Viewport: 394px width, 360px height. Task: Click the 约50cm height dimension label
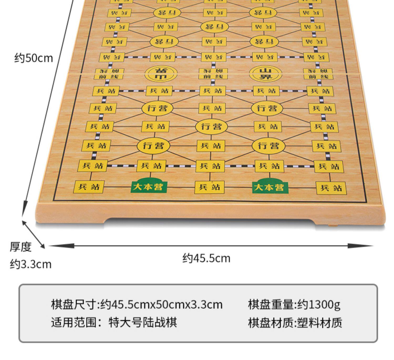pyautogui.click(x=34, y=58)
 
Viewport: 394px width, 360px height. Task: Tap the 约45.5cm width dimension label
pyautogui.click(x=206, y=258)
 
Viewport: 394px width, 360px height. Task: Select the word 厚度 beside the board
pyautogui.click(x=21, y=247)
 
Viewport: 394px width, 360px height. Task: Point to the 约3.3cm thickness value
pyautogui.click(x=31, y=264)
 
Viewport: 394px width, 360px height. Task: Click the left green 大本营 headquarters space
pyautogui.click(x=149, y=187)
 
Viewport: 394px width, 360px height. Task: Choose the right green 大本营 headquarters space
pyautogui.click(x=270, y=187)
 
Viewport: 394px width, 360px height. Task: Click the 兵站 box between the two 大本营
pyautogui.click(x=209, y=187)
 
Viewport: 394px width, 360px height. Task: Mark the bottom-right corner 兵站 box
pyautogui.click(x=331, y=188)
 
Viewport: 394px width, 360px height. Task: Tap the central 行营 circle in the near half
pyautogui.click(x=211, y=127)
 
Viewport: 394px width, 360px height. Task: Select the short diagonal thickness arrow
pyautogui.click(x=34, y=234)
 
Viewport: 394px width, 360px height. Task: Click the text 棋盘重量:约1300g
pyautogui.click(x=294, y=304)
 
